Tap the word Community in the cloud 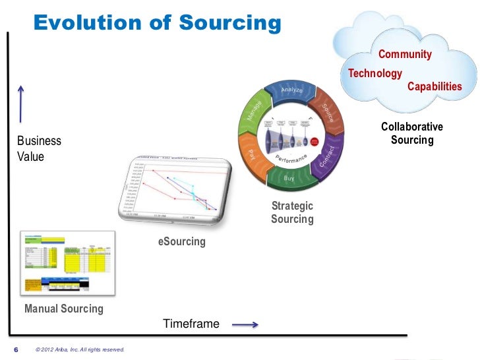[404, 55]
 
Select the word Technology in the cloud [375, 73]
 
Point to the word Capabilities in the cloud [435, 87]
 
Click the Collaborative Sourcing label [412, 133]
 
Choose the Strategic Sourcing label [292, 212]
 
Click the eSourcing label [182, 242]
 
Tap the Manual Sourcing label [64, 309]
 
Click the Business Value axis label [39, 149]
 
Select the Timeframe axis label [191, 324]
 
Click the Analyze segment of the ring [291, 90]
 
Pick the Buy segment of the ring [289, 178]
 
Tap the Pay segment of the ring [251, 154]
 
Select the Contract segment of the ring [328, 156]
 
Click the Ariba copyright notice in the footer [80, 349]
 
